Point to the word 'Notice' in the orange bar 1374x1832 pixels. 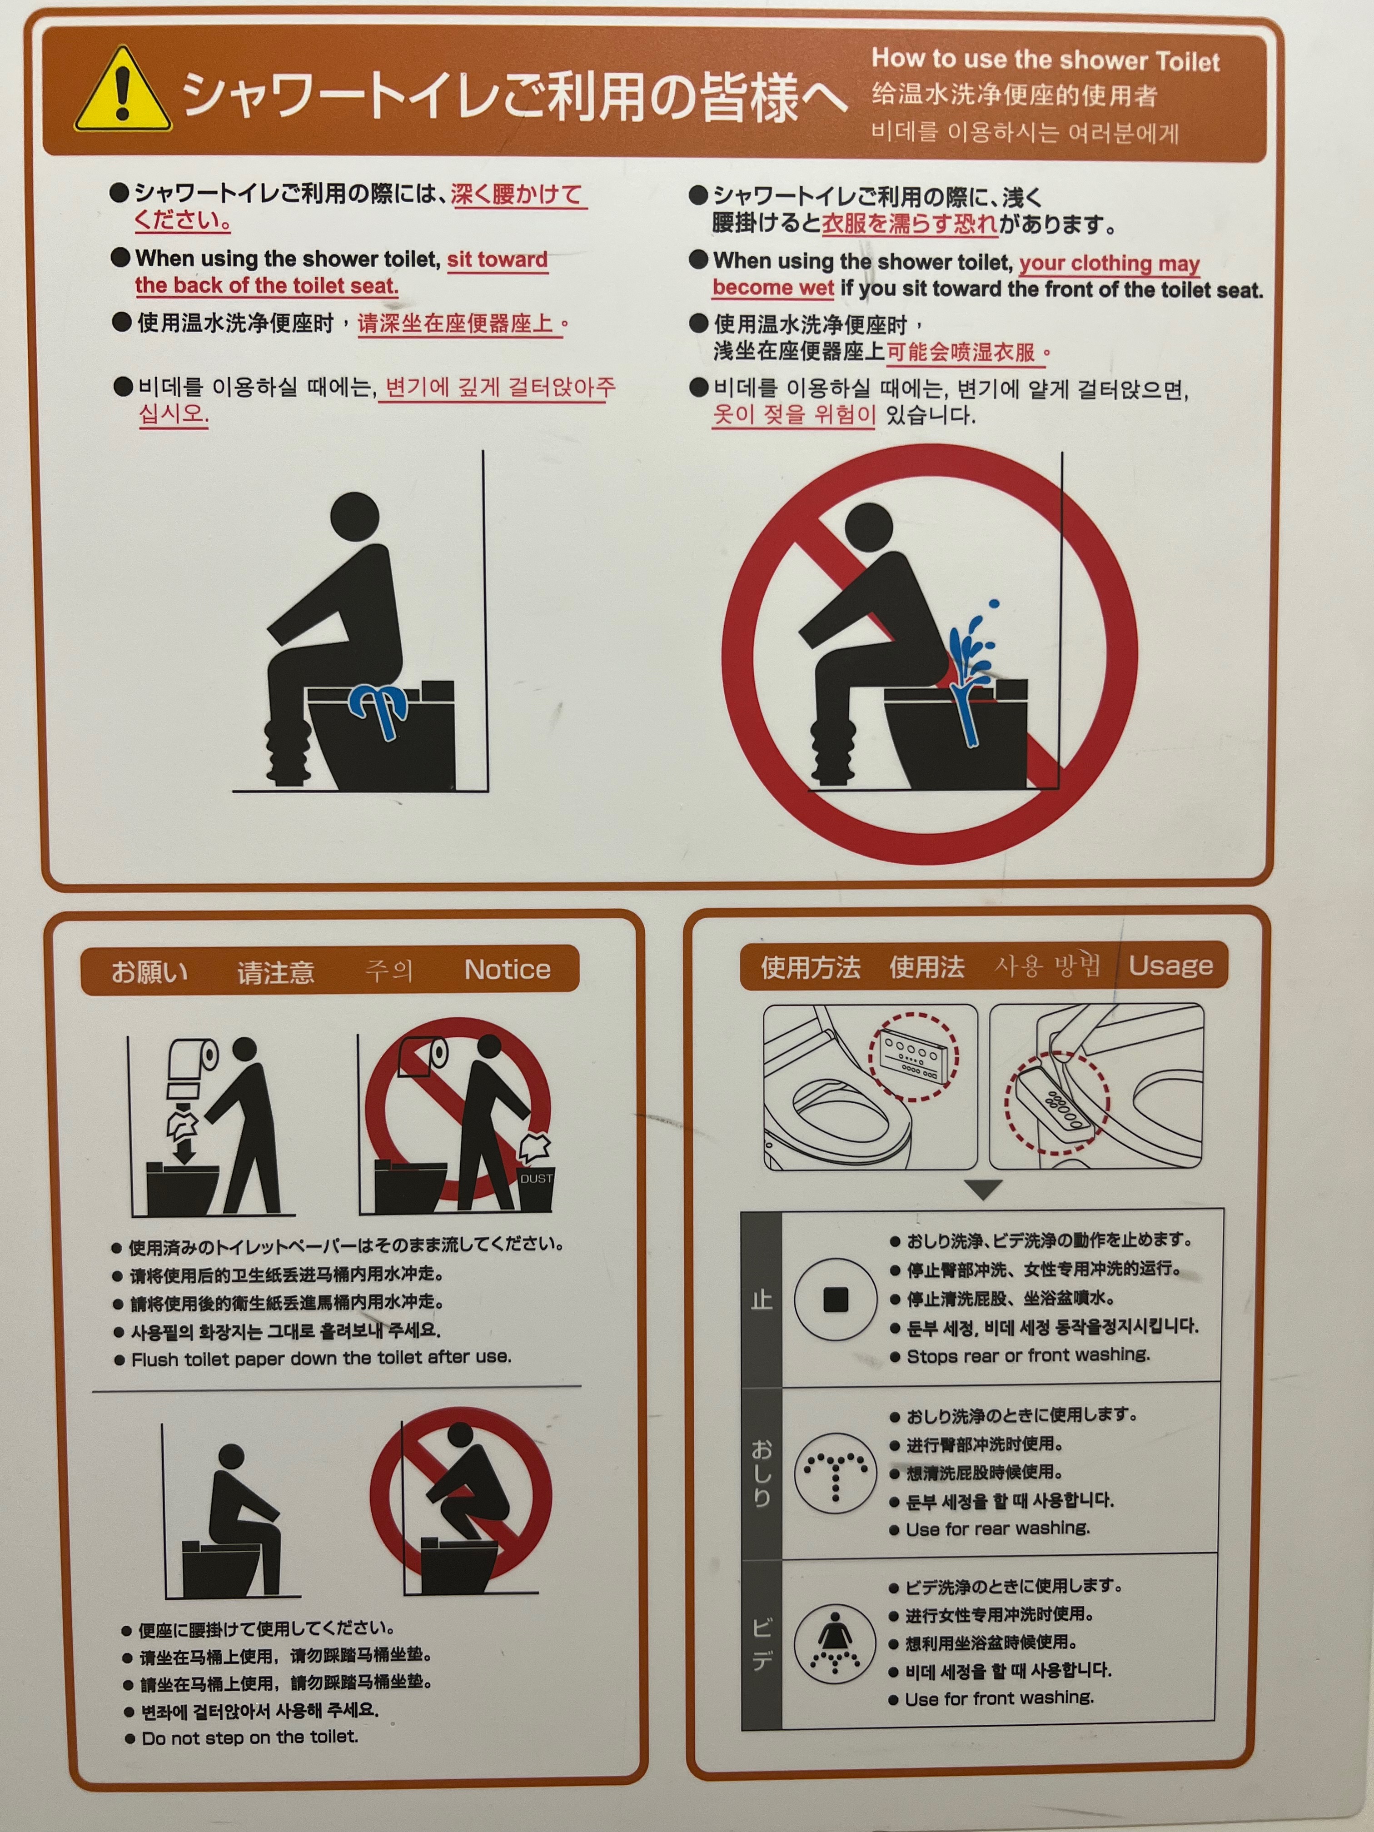point(507,969)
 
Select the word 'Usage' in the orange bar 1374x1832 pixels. point(1170,966)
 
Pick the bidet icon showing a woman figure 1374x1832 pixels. point(834,1643)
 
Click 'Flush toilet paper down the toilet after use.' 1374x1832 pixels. point(321,1358)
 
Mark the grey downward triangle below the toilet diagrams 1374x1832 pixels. point(984,1190)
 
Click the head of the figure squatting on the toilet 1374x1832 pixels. point(461,1438)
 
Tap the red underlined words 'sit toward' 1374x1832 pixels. point(498,259)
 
